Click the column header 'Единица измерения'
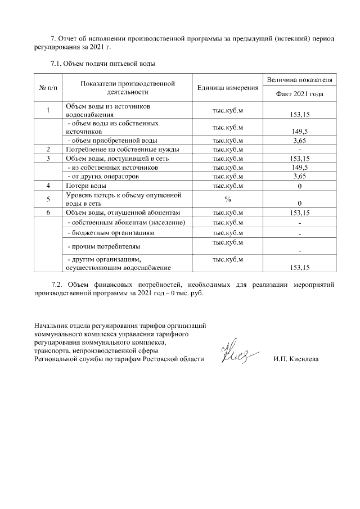(x=228, y=88)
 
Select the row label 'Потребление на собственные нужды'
(x=123, y=150)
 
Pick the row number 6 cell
(x=49, y=212)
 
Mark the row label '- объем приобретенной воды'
(x=112, y=140)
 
